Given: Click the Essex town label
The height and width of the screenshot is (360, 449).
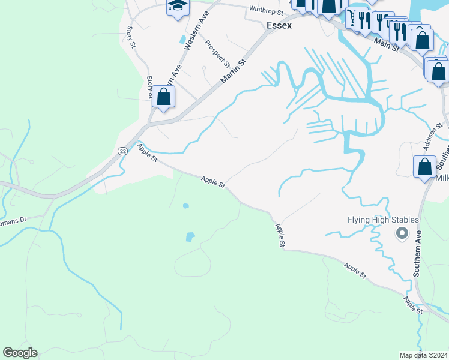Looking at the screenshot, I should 279,26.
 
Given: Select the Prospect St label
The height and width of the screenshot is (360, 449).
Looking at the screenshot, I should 217,53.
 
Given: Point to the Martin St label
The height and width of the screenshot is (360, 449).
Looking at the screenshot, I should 234,71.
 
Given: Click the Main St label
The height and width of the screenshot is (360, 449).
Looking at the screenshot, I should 387,44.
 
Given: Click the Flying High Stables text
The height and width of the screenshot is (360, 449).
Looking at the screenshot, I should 383,220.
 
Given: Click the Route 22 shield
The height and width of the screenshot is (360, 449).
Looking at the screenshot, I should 122,151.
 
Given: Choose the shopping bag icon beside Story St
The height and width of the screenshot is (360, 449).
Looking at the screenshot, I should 163,97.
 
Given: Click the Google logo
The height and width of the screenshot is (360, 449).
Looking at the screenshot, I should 20,353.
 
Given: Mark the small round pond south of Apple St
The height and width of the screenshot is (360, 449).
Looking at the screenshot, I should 186,206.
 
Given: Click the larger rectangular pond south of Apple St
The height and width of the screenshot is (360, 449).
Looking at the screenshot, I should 190,236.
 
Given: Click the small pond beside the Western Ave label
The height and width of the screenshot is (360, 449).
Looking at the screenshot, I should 182,40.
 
